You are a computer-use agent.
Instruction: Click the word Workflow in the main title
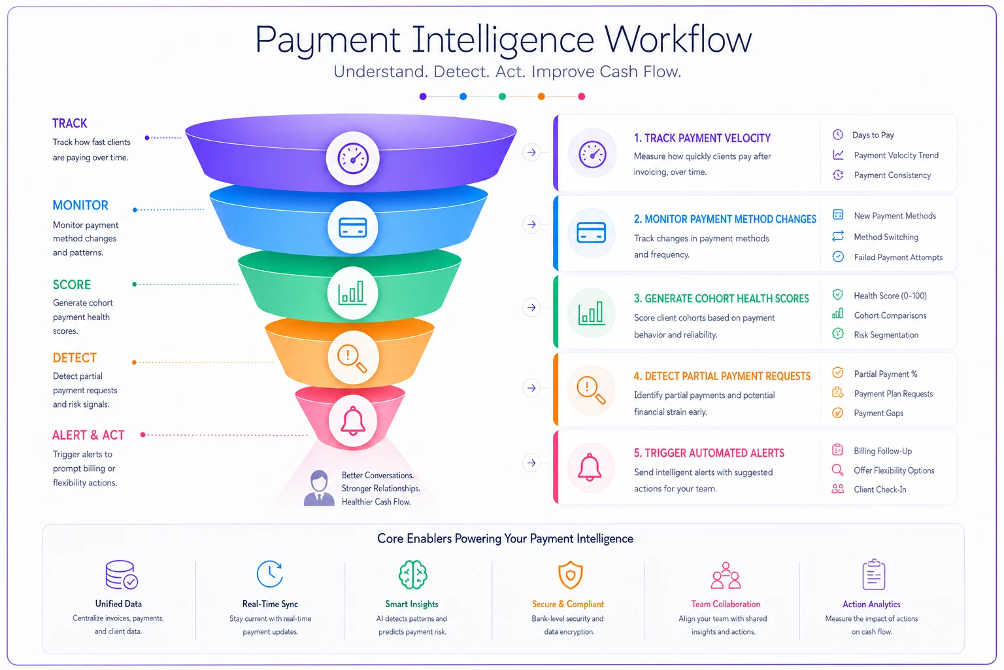(x=677, y=39)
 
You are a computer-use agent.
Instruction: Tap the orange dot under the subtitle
(x=541, y=96)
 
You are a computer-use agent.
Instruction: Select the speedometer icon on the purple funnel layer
(x=353, y=158)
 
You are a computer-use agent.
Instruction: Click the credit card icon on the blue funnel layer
(x=353, y=228)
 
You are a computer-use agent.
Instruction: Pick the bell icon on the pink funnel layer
(x=353, y=421)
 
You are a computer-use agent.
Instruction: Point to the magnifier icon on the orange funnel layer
(x=352, y=358)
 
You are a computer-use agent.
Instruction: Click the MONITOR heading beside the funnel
(x=80, y=205)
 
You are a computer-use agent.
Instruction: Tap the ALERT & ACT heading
(x=88, y=435)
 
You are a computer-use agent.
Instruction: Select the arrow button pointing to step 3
(x=531, y=308)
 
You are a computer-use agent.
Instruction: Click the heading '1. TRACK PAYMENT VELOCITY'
(x=702, y=138)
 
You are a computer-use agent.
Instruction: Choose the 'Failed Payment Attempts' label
(x=897, y=257)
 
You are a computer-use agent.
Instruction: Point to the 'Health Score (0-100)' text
(x=890, y=296)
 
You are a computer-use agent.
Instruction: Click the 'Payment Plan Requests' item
(x=894, y=394)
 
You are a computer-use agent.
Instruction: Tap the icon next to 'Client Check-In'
(x=838, y=489)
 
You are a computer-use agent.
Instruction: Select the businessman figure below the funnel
(x=319, y=488)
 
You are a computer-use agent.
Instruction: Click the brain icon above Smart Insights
(x=413, y=574)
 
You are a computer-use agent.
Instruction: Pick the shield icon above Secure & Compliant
(x=570, y=574)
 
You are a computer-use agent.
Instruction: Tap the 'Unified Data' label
(x=118, y=604)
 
